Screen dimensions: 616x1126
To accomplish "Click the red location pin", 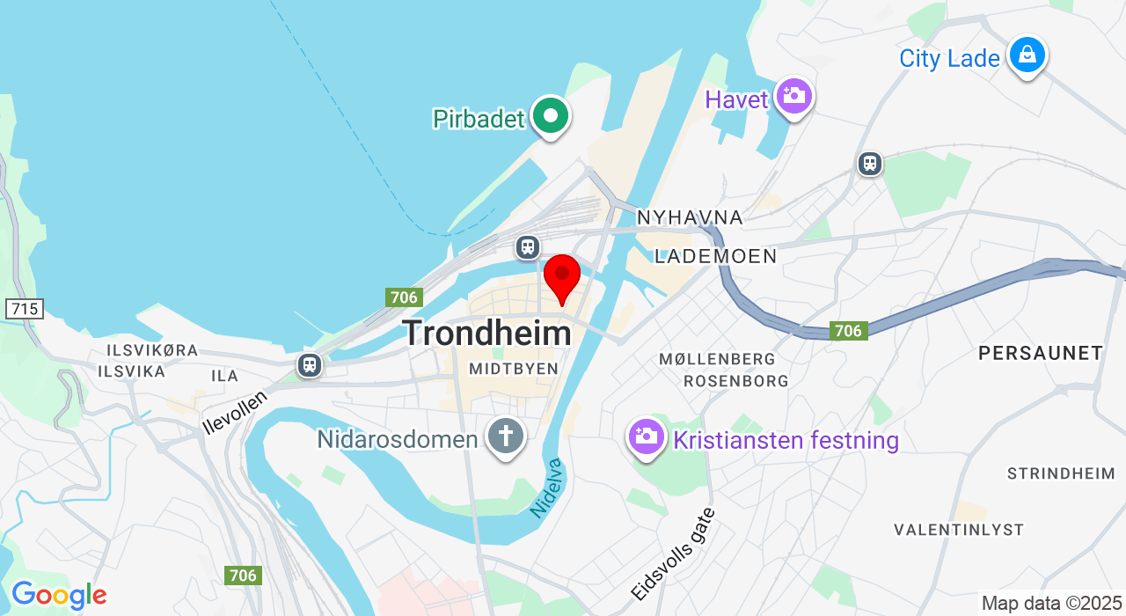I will [561, 277].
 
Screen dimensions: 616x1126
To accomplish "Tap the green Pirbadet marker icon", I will [551, 116].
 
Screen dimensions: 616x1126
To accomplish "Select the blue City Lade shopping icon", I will [1027, 56].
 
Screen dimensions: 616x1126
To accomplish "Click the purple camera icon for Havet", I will [794, 96].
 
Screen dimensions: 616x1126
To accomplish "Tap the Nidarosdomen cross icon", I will [506, 436].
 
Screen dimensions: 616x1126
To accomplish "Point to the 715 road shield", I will [24, 309].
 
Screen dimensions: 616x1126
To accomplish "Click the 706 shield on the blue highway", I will [848, 331].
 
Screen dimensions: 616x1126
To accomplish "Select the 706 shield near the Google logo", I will [242, 576].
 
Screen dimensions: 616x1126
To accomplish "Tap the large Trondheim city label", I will [486, 334].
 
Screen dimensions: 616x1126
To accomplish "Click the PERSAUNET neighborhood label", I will [1041, 354].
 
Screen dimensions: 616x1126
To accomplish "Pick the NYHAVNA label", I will [690, 217].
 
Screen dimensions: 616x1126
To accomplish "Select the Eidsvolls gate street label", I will [673, 554].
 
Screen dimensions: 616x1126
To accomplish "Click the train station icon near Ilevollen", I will [309, 364].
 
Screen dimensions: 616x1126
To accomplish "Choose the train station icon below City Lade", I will [870, 164].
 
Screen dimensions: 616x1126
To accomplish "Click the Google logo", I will [59, 596].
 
